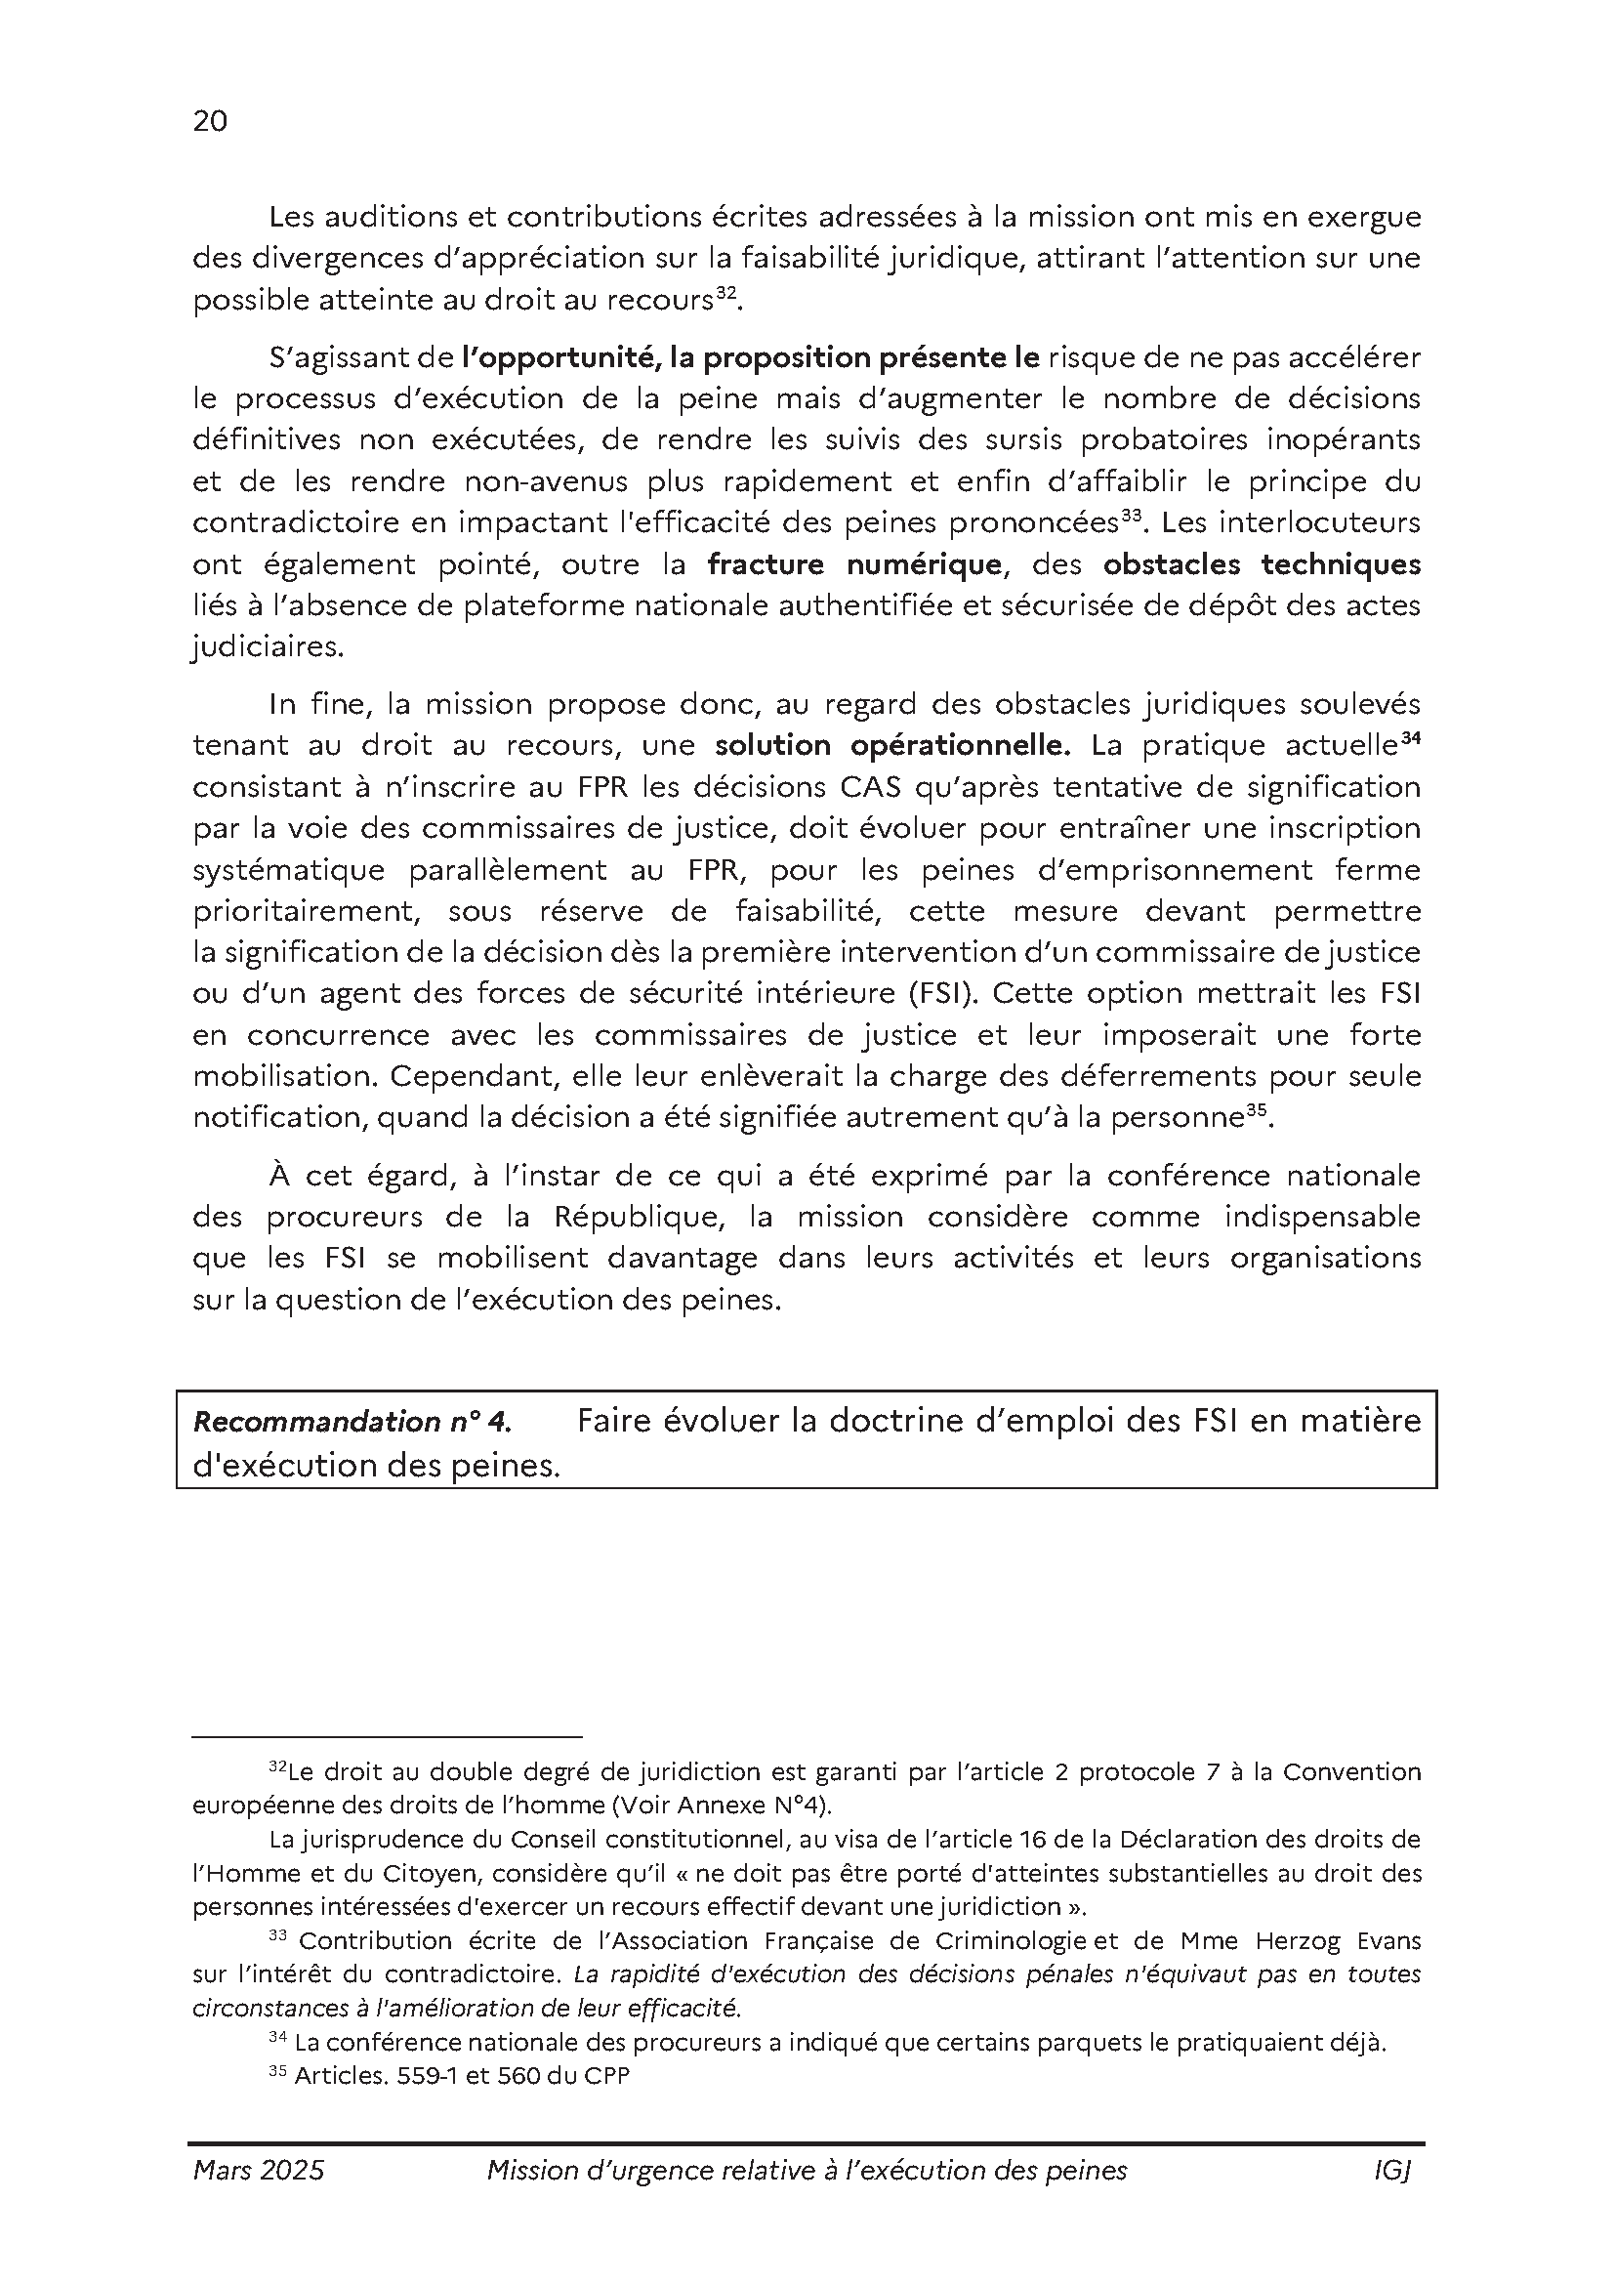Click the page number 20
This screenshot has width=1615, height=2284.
[210, 121]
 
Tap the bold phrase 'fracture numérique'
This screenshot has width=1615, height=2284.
[854, 565]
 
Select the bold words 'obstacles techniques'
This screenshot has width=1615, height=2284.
[1261, 565]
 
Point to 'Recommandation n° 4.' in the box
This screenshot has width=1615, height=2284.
[352, 1423]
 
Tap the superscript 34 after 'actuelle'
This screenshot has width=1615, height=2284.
[1411, 737]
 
